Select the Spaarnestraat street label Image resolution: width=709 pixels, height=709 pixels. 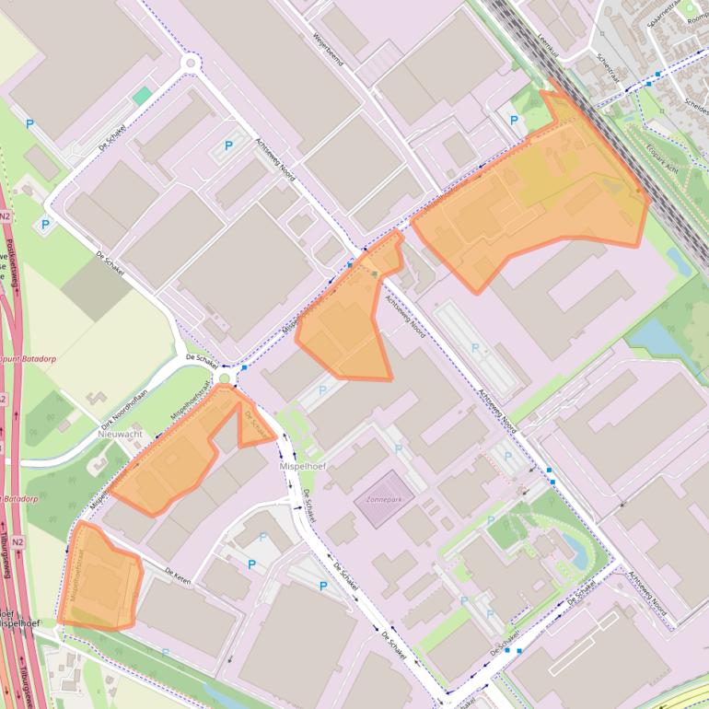coord(668,16)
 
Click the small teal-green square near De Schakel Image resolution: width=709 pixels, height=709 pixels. coord(141,96)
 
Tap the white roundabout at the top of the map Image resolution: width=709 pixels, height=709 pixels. coord(192,63)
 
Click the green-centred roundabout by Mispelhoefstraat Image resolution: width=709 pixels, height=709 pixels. coord(225,378)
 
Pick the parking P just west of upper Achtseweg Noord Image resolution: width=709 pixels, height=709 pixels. coord(229,145)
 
